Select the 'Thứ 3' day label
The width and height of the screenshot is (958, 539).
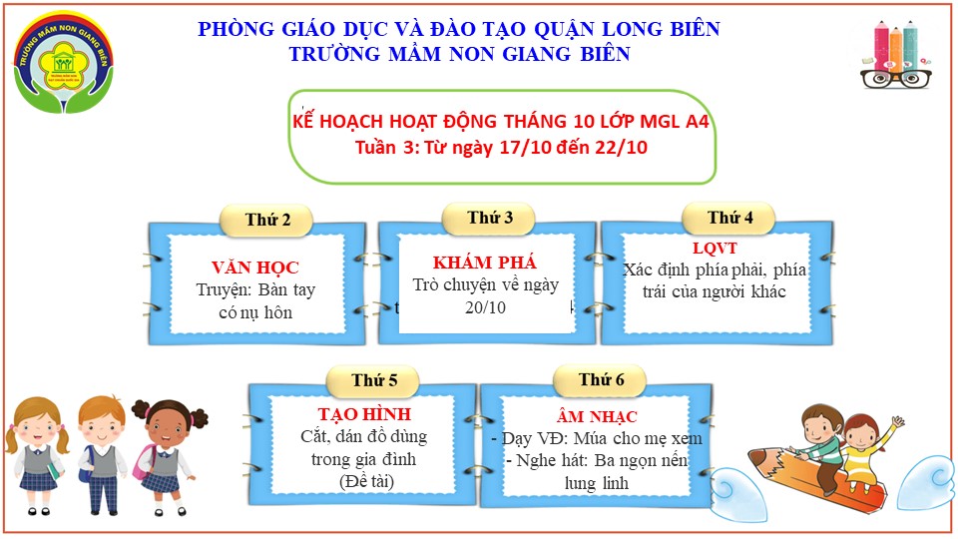pos(490,218)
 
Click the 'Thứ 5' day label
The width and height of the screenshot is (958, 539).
pos(374,380)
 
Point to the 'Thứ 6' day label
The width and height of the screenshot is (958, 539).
pos(602,379)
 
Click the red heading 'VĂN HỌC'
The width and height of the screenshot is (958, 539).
pos(254,268)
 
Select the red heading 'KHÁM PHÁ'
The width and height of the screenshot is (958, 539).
pos(485,263)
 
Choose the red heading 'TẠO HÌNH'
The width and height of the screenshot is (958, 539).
pos(363,414)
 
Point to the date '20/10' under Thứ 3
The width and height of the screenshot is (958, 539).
pos(486,307)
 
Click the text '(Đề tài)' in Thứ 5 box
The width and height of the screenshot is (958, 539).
pos(363,482)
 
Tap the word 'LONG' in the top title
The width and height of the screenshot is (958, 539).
pos(595,29)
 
